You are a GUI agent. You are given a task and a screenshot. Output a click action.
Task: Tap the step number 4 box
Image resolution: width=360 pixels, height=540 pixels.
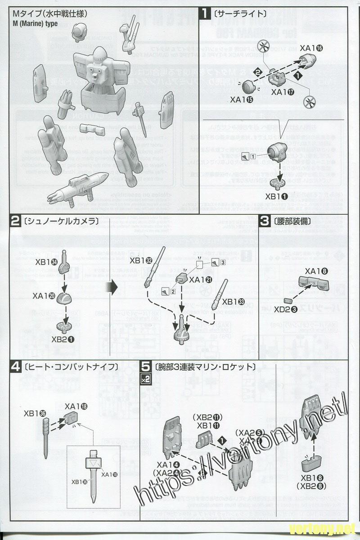(x=15, y=367)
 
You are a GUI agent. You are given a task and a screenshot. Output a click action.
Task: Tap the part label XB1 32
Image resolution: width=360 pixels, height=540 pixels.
(x=141, y=260)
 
